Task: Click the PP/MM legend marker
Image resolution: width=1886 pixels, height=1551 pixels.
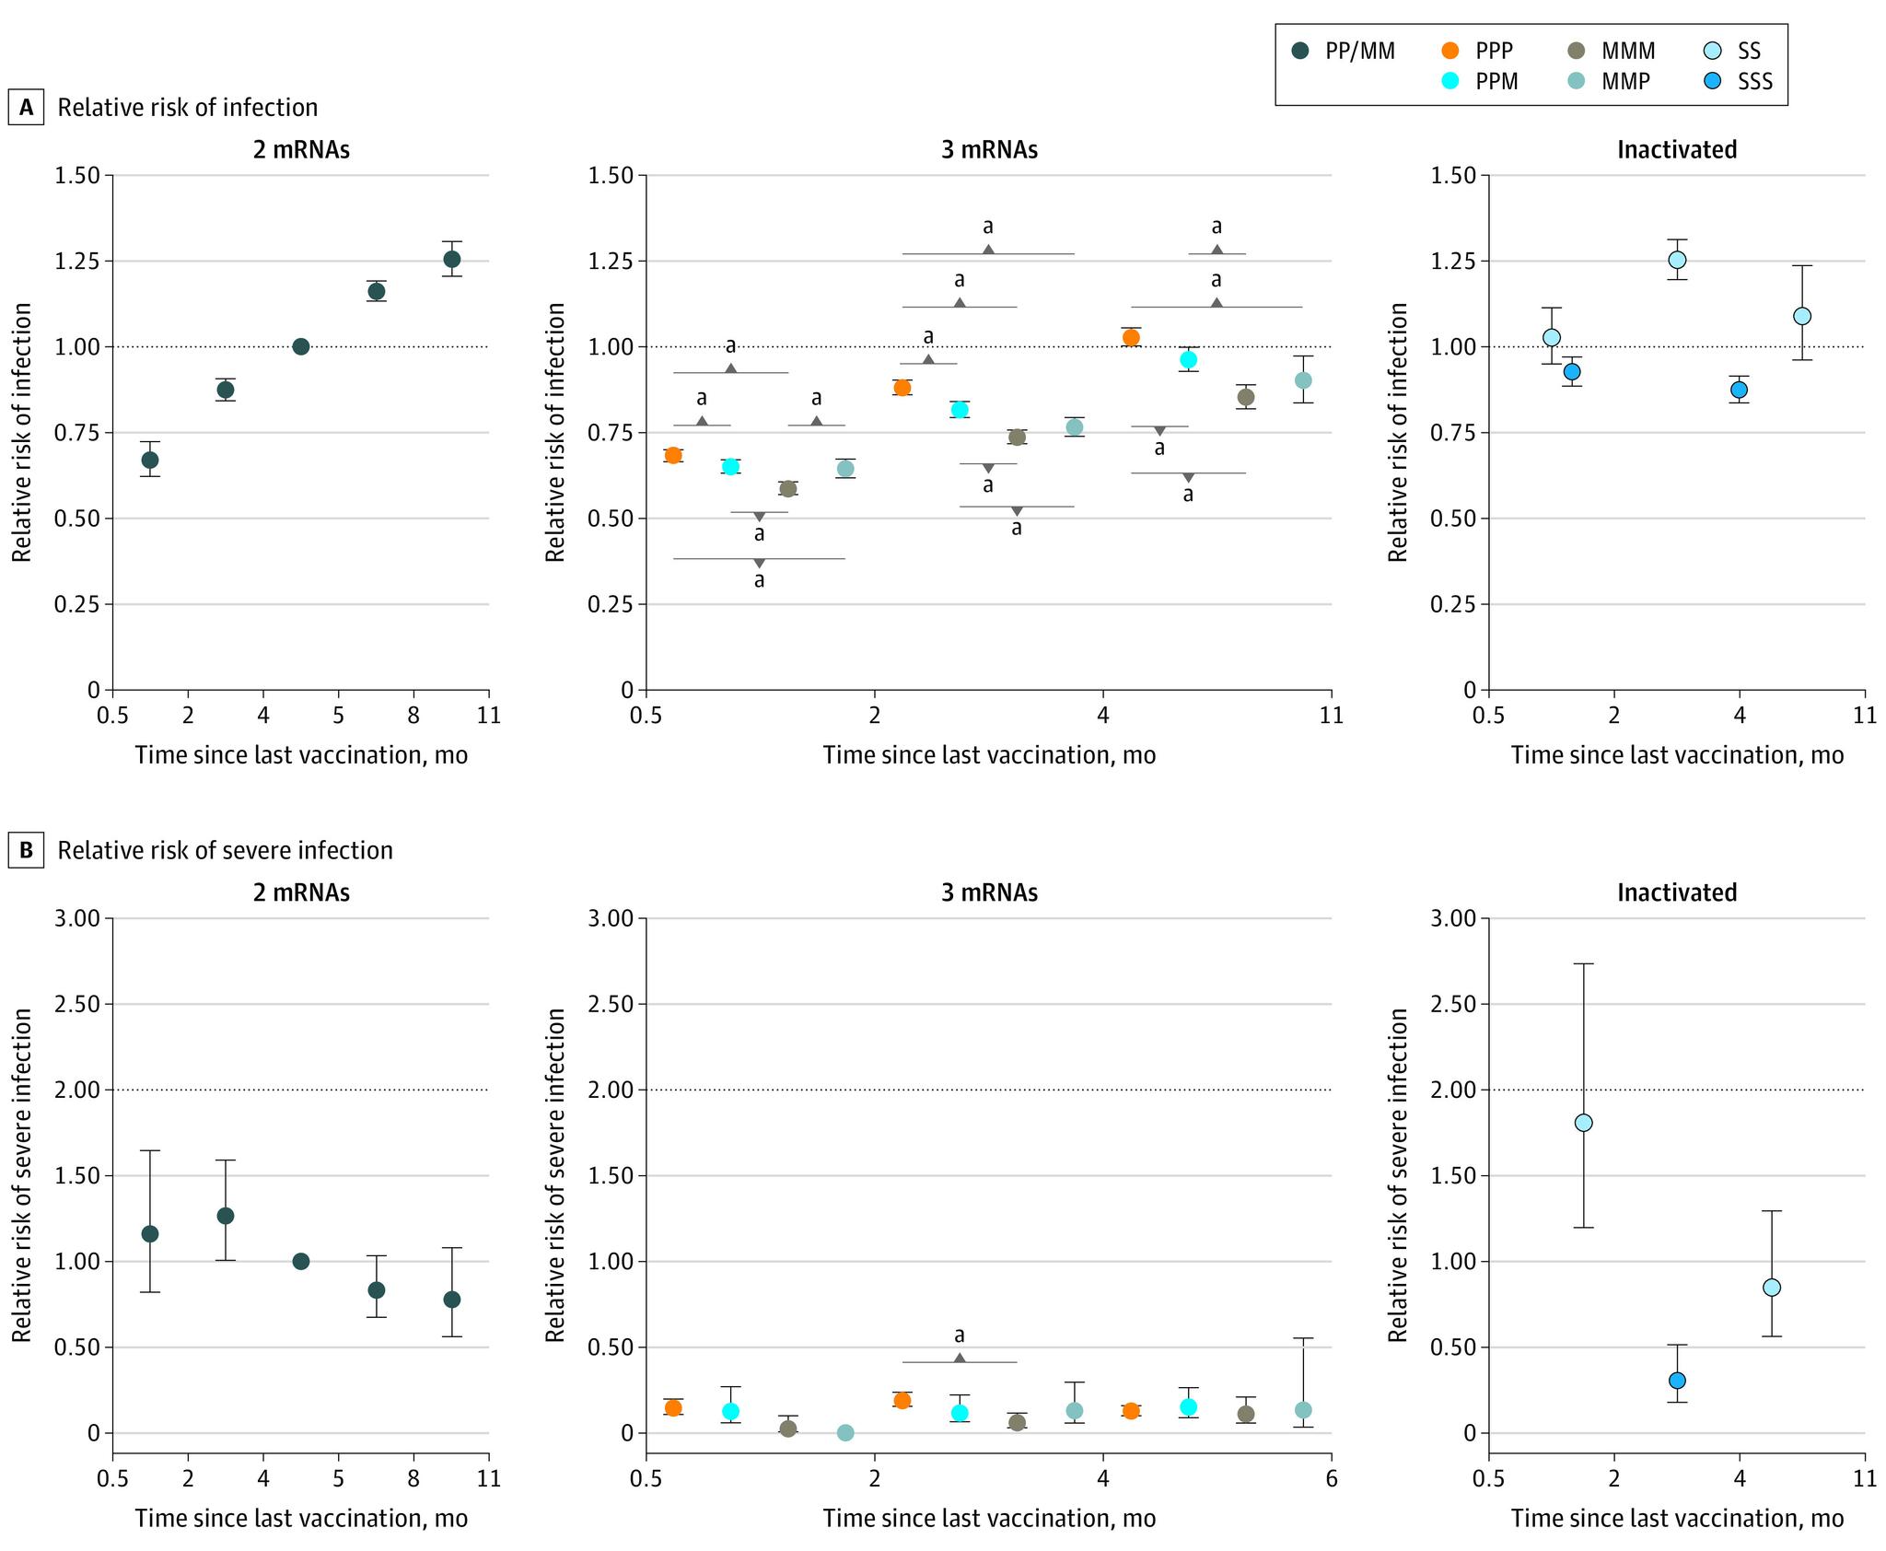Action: [1301, 52]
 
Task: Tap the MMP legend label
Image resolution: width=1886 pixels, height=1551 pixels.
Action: [1627, 81]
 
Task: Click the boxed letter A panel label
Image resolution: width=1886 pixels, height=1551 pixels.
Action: [26, 108]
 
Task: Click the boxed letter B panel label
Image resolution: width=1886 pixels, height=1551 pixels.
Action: [26, 850]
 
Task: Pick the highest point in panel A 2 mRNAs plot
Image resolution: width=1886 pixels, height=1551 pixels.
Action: [451, 259]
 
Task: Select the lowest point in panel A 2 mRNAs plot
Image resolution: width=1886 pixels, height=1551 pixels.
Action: [150, 460]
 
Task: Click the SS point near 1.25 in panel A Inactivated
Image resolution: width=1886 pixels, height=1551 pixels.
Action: [1677, 260]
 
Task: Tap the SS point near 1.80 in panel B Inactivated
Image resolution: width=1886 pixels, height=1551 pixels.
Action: [1583, 1123]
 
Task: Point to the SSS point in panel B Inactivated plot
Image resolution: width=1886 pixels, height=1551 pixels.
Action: [1677, 1381]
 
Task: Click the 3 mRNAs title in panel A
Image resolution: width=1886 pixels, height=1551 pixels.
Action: [989, 150]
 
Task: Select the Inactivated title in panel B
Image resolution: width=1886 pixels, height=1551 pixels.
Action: [1677, 892]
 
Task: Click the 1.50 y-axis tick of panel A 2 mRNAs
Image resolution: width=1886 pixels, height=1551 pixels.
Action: [77, 175]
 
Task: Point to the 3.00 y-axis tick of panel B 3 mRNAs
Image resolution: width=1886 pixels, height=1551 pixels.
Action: [611, 918]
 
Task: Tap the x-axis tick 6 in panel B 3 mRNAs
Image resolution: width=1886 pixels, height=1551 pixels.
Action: [1332, 1479]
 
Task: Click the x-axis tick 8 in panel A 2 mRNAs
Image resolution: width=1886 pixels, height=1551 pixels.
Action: [413, 715]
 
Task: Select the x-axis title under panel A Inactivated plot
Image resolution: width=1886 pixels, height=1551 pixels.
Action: [1677, 755]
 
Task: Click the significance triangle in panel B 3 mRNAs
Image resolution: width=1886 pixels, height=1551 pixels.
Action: [960, 1358]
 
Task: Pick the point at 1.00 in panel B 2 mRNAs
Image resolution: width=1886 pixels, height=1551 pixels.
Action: [300, 1261]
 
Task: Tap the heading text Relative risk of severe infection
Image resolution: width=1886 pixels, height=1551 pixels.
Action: [225, 850]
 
